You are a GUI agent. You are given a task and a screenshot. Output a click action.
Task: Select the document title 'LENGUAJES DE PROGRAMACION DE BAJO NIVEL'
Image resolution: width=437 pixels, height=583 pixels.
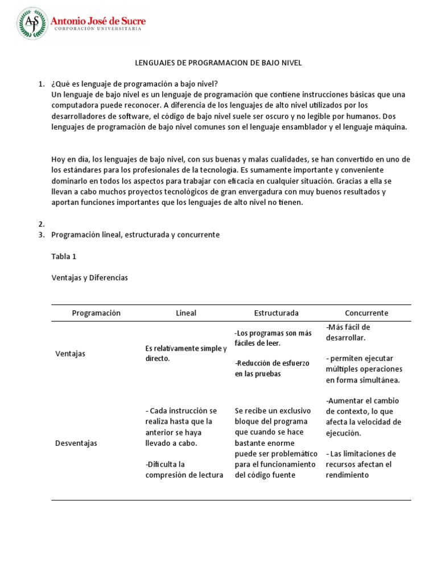click(218, 63)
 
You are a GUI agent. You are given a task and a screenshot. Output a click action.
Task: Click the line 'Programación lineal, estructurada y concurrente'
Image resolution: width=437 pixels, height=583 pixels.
click(135, 235)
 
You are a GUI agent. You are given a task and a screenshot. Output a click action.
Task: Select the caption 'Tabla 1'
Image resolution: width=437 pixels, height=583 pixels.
click(64, 256)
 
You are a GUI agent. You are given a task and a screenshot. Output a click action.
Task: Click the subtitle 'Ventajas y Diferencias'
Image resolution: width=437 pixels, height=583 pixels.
click(89, 278)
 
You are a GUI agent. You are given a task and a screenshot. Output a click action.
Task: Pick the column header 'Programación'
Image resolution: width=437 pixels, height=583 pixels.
click(96, 313)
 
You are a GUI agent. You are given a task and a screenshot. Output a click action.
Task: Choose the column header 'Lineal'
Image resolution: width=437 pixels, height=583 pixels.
click(186, 313)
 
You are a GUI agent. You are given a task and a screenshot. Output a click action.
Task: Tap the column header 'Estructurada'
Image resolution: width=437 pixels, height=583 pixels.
click(276, 313)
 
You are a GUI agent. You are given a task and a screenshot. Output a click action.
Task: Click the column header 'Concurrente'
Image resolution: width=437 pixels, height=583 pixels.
click(366, 313)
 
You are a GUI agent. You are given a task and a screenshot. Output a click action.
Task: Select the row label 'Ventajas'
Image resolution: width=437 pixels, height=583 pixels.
click(70, 354)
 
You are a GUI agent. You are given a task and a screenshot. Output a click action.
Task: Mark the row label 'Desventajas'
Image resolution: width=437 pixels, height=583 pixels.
click(76, 443)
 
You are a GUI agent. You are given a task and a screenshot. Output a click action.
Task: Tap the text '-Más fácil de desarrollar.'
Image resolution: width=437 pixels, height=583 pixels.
click(348, 332)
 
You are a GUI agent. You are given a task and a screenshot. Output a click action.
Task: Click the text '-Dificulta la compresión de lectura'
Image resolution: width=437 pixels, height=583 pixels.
click(184, 470)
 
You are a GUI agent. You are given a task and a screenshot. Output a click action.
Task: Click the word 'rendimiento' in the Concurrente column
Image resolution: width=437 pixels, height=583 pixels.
click(348, 475)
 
